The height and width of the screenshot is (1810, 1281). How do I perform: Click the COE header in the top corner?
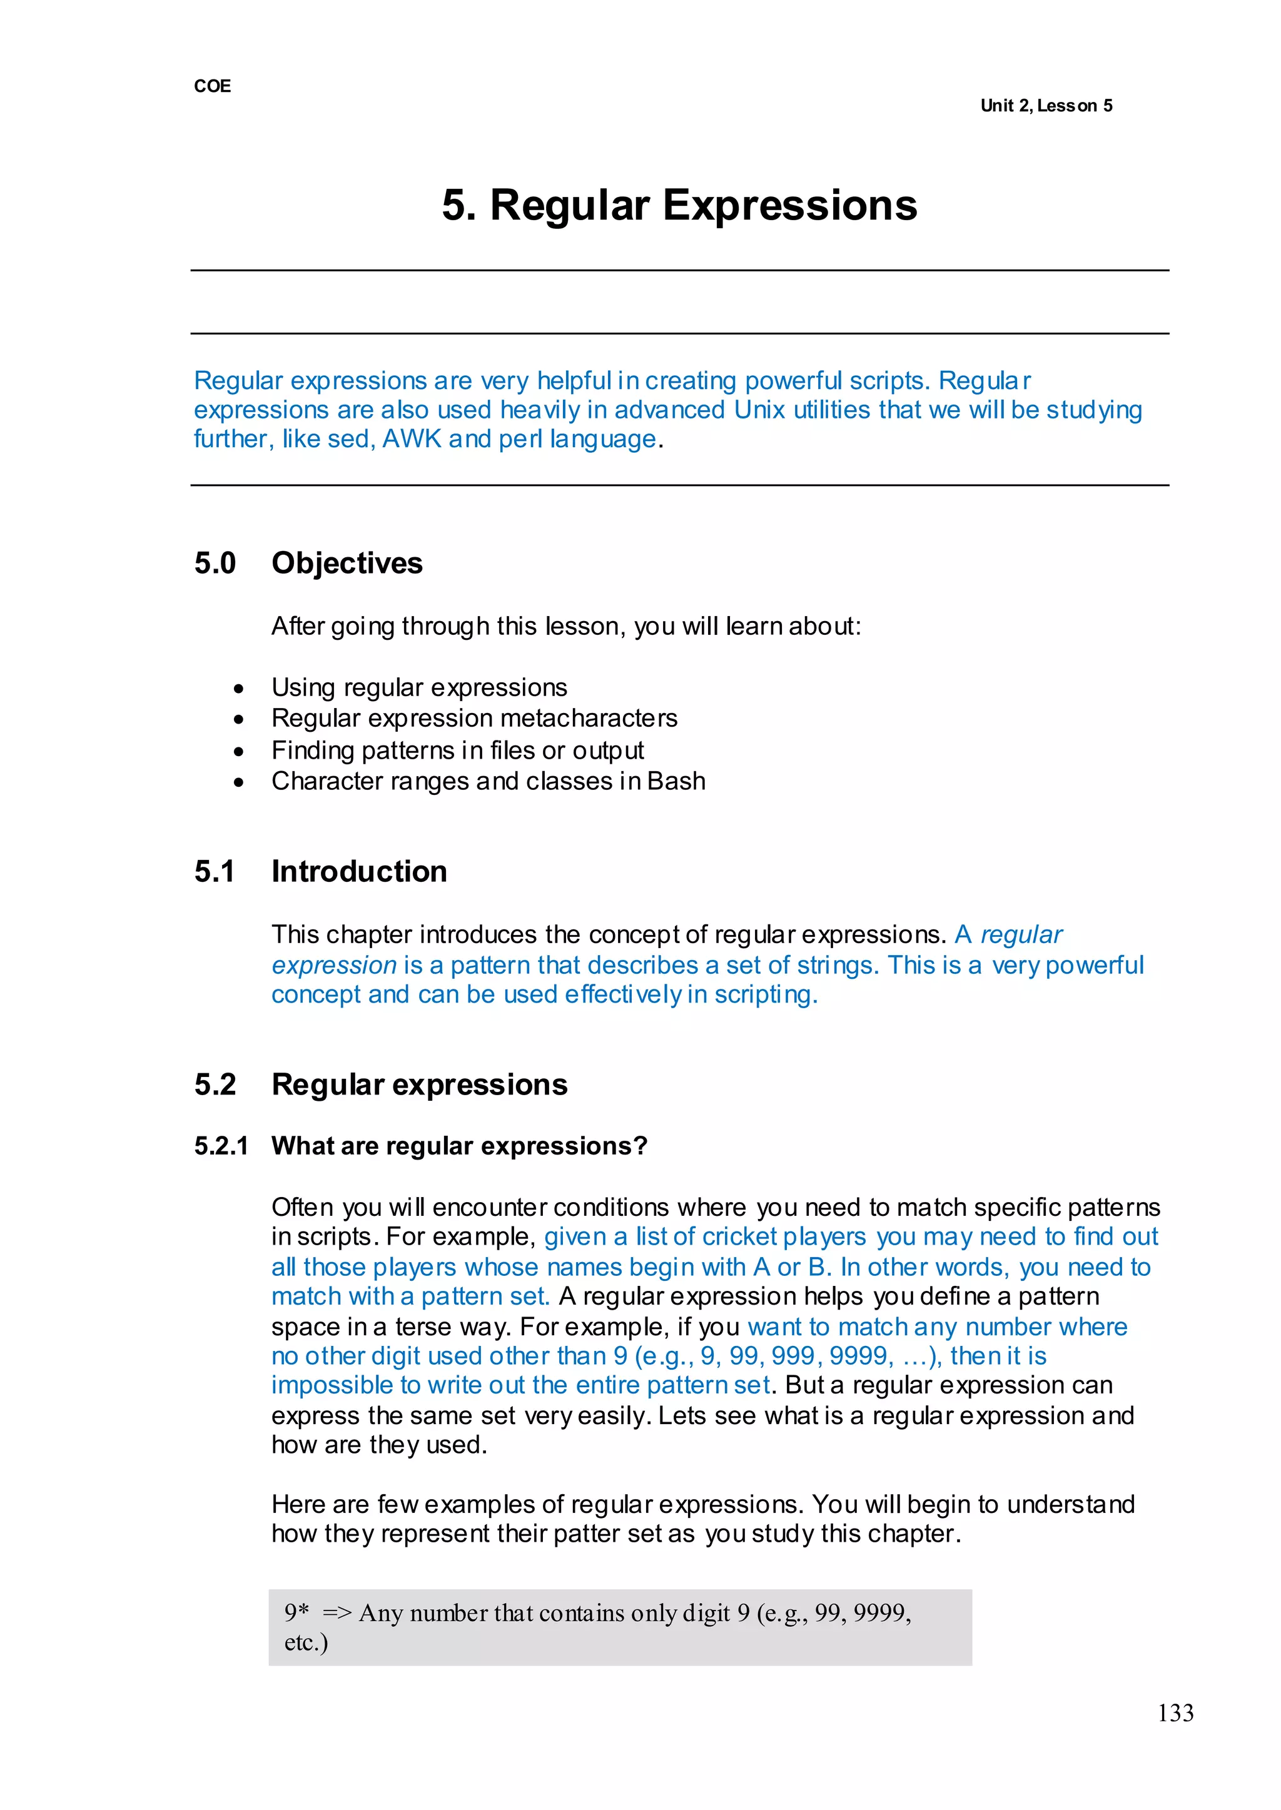pos(212,86)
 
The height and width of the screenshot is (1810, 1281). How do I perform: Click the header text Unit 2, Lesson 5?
pos(1046,106)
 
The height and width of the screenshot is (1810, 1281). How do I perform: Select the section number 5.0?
pos(215,563)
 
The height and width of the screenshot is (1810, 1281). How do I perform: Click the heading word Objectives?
pos(347,563)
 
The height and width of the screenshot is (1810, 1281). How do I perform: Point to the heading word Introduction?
pos(359,871)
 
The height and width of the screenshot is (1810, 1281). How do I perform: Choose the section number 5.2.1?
pos(221,1145)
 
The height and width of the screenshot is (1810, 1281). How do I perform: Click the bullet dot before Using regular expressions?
pos(239,689)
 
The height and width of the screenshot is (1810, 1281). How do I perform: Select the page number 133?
pos(1175,1713)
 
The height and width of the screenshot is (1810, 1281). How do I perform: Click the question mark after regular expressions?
pos(640,1145)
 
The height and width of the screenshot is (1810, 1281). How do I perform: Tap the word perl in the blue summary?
pos(520,438)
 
